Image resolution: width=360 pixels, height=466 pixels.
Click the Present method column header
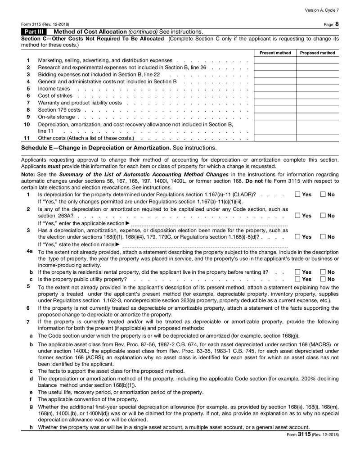click(x=275, y=53)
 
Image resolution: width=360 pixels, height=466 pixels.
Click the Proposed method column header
click(x=317, y=53)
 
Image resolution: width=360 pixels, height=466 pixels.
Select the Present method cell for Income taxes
click(x=275, y=88)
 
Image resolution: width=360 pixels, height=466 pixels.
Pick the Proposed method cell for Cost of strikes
click(x=317, y=95)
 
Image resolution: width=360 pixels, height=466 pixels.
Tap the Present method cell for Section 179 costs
click(x=275, y=110)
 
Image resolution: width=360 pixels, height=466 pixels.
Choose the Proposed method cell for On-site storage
click(x=317, y=117)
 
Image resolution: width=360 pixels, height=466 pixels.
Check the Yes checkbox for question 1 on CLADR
click(x=298, y=194)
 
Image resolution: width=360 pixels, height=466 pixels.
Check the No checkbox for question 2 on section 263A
click(x=323, y=215)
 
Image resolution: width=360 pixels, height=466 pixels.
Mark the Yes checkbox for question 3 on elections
click(x=298, y=236)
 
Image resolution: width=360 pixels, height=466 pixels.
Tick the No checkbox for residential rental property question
click(x=323, y=272)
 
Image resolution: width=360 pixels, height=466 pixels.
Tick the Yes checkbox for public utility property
click(x=298, y=279)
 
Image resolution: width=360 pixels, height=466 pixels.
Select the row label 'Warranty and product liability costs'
click(x=80, y=103)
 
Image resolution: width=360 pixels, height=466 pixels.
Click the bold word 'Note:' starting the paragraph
click(x=29, y=174)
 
